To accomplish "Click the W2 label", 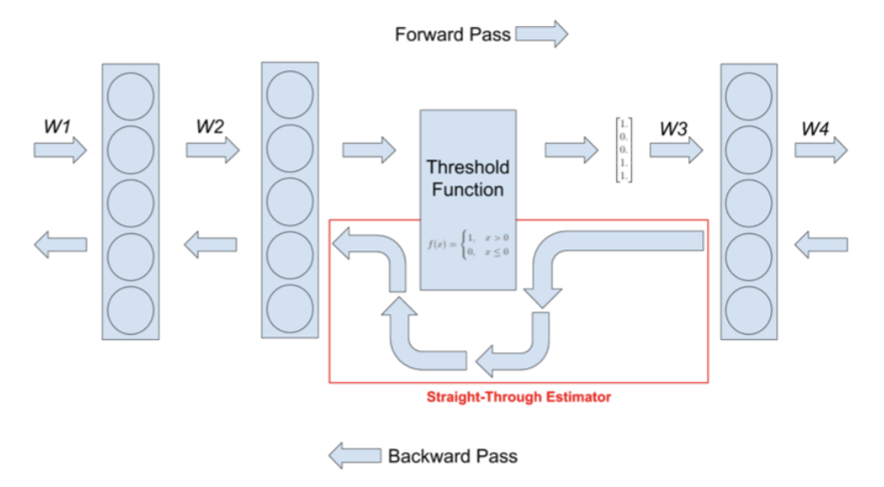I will point(210,126).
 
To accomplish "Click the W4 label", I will point(816,129).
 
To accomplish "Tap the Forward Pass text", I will point(453,35).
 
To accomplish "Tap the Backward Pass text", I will point(453,455).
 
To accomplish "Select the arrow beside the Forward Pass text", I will point(542,35).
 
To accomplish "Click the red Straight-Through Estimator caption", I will point(518,397).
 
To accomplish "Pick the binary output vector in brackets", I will point(623,150).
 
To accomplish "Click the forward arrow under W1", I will point(60,151).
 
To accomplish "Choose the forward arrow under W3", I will point(676,150).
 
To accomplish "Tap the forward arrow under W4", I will point(820,150).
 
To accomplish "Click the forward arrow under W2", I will point(212,150).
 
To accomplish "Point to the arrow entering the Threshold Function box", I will point(368,150).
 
